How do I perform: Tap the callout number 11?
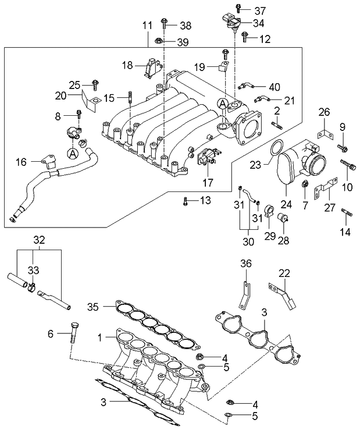point(147,25)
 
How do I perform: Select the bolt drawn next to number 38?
point(165,25)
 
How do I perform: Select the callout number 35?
point(94,306)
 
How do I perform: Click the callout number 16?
point(20,162)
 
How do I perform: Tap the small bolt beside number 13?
point(185,201)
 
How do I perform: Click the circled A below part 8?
point(73,154)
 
